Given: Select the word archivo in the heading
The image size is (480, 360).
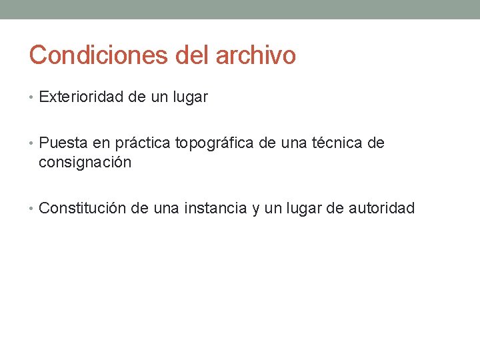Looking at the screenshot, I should [255, 55].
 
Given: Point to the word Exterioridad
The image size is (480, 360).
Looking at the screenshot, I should [83, 97].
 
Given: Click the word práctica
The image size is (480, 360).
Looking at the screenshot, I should [143, 143].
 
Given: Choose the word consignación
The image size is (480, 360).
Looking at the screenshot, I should [85, 162].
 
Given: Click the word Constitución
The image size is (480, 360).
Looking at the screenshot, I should [83, 209].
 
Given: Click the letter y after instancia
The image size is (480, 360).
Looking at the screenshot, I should [255, 210].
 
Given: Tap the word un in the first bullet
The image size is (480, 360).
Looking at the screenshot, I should [159, 98].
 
